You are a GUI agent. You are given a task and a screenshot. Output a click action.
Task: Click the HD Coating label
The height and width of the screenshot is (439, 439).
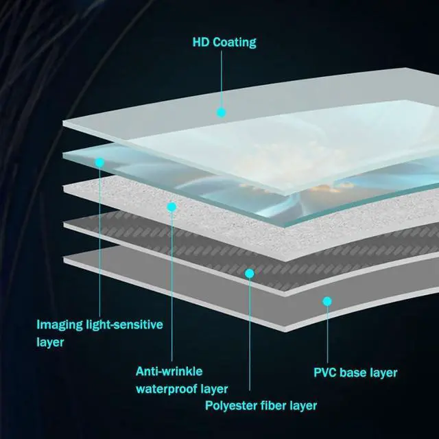coord(224,43)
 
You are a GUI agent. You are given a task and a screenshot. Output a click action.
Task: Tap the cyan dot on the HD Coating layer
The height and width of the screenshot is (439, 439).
coord(221,112)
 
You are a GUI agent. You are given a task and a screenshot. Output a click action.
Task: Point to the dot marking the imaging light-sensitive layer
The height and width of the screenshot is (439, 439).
coord(99,163)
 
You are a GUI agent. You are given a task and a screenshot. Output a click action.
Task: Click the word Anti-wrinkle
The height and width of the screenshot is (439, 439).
coord(169,372)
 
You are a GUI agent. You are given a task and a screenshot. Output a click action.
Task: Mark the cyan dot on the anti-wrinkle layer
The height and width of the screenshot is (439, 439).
coord(171,206)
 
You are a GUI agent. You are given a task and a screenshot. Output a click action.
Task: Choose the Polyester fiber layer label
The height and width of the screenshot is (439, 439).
coord(261,405)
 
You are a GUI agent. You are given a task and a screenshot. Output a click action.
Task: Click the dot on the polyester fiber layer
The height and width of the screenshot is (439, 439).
coord(250,273)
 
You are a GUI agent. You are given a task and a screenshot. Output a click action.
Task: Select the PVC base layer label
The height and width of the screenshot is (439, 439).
coord(355,373)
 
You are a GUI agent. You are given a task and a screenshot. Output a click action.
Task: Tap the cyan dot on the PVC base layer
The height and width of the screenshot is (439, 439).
coord(327,300)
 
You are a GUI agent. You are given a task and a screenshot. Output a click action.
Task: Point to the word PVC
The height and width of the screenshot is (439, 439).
coord(327,373)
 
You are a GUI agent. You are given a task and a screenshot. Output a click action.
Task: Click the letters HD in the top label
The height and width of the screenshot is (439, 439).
coord(200,43)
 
